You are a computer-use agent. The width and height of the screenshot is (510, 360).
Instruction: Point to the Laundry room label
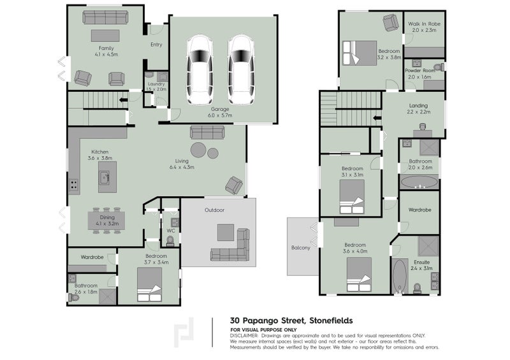(156, 87)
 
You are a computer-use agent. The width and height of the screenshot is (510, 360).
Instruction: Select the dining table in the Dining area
(106, 219)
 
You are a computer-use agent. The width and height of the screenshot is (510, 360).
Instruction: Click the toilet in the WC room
(170, 240)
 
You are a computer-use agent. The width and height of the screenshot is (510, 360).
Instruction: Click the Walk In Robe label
(424, 27)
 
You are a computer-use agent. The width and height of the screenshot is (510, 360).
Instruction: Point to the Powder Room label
(424, 73)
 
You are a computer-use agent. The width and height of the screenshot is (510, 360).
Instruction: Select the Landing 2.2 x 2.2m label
(418, 108)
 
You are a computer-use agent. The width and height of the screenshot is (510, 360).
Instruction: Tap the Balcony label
(300, 248)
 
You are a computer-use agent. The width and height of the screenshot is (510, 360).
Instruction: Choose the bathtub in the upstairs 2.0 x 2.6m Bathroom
(419, 182)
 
